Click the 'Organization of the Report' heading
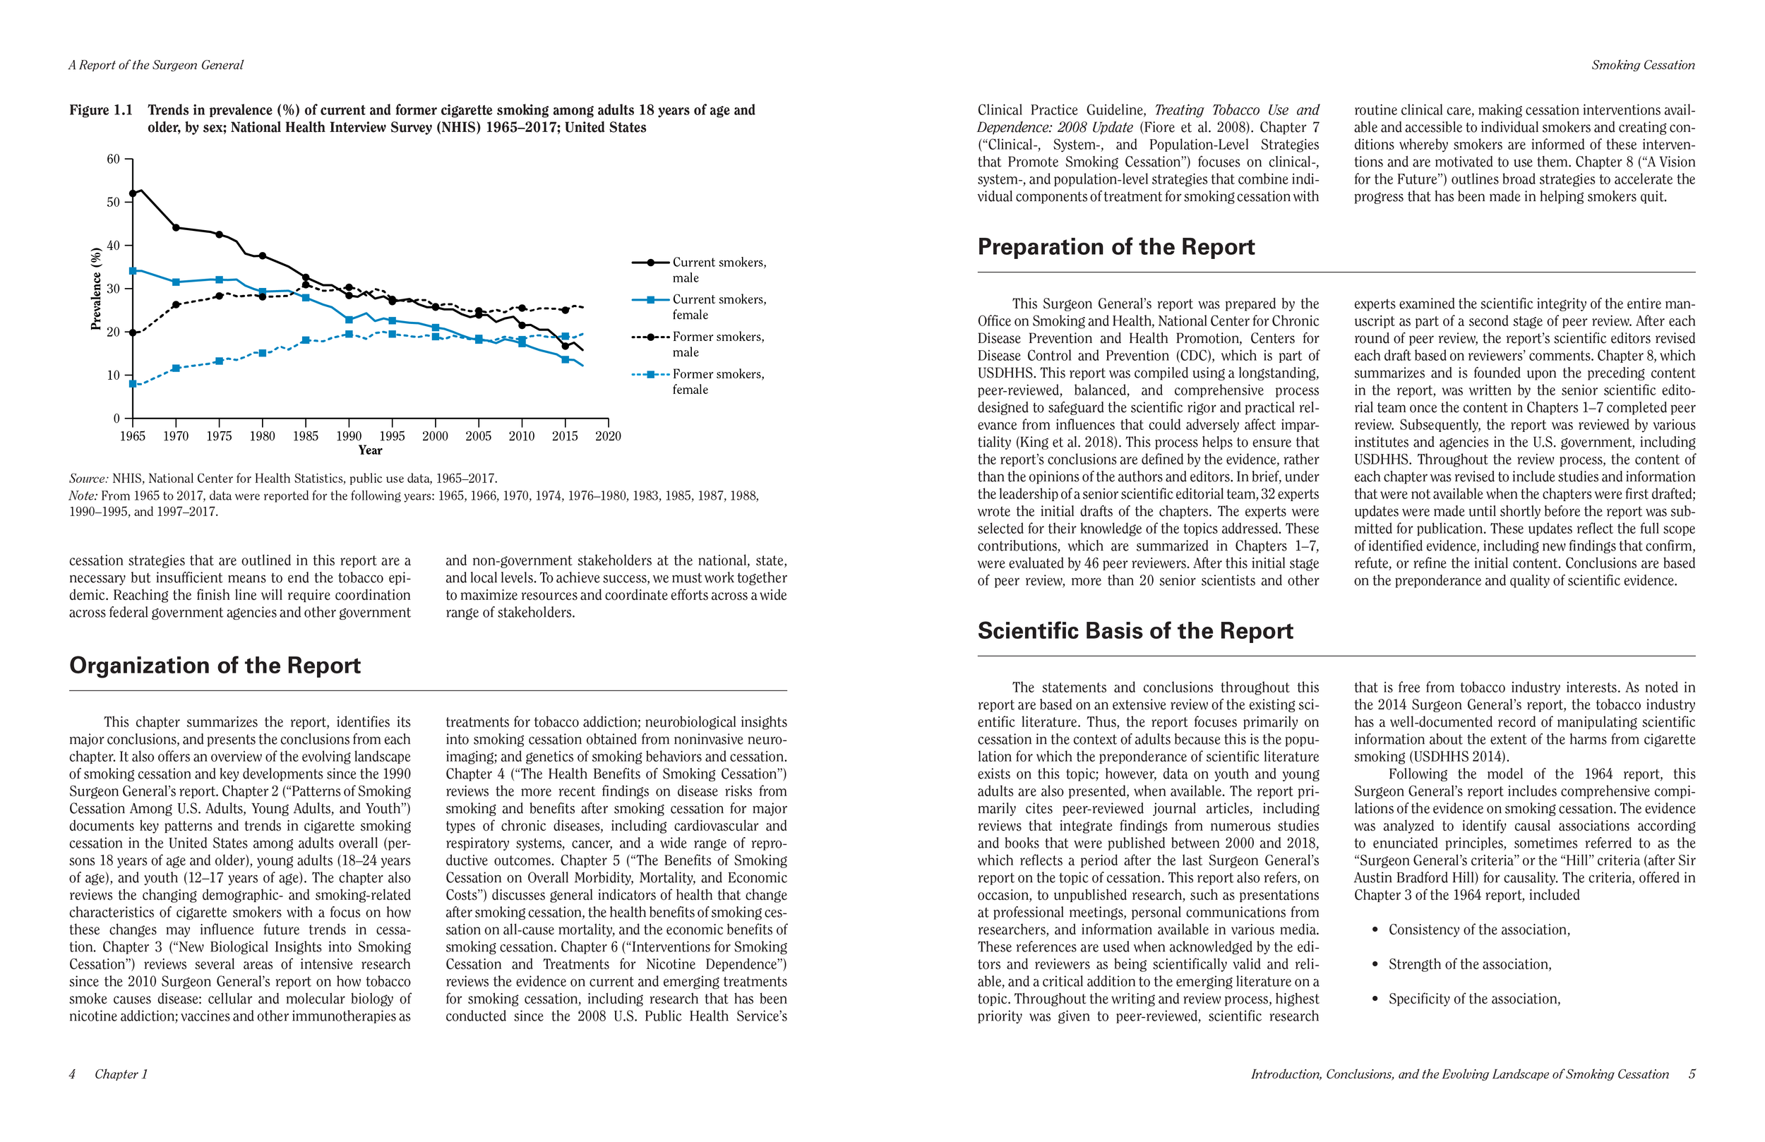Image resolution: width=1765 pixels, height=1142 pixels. coord(215,665)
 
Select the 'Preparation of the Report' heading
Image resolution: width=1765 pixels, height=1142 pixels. coord(1115,247)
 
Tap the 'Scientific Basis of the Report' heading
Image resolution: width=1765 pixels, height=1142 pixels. coord(1135,631)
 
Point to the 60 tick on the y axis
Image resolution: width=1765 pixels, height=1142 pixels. coord(114,160)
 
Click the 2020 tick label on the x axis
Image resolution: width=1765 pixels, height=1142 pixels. coord(608,436)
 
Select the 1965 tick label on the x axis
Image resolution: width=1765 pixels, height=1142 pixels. coord(133,436)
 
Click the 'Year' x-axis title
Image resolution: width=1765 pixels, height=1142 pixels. coord(370,450)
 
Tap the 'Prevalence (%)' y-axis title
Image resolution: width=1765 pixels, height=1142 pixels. coord(96,289)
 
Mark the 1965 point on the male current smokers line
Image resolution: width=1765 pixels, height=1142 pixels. coord(133,193)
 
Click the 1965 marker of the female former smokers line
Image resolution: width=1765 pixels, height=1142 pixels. coord(133,384)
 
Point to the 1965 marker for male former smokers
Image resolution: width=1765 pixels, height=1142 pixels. coord(133,333)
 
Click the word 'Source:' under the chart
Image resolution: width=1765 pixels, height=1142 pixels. coord(89,479)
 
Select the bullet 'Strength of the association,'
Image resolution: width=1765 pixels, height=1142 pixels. coord(1469,964)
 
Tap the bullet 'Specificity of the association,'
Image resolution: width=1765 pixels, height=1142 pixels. coord(1473,999)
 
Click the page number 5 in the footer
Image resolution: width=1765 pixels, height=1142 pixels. coord(1692,1074)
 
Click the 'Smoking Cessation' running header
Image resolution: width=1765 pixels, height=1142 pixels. coord(1643,65)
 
